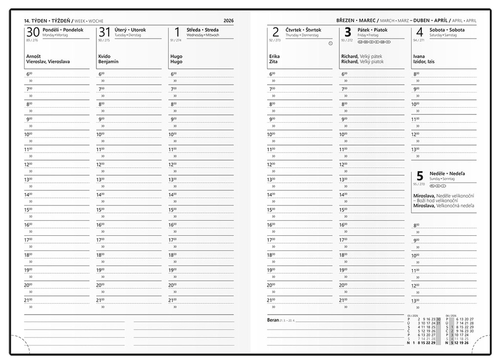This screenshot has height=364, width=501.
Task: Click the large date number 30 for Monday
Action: click(33, 32)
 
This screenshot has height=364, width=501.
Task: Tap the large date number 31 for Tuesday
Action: click(105, 32)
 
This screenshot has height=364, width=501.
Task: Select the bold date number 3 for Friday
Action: click(348, 32)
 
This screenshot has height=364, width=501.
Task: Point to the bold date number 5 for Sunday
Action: click(419, 176)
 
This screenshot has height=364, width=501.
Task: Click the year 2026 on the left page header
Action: click(228, 21)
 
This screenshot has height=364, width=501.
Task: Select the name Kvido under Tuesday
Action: click(104, 56)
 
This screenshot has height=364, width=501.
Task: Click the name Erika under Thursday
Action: click(274, 56)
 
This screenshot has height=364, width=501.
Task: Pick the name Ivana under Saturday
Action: click(419, 56)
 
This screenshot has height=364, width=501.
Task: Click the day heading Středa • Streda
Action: click(203, 30)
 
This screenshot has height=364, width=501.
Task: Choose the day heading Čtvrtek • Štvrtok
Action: click(303, 30)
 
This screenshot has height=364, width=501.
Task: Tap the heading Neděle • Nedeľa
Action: click(447, 174)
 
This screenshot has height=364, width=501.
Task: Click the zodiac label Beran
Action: click(273, 320)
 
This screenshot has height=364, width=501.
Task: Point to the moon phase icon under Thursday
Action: click(330, 43)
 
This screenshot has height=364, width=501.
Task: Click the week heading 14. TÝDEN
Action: click(36, 21)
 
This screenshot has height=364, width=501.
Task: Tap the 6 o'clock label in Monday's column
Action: click(27, 74)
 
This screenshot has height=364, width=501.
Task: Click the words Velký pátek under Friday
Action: click(370, 56)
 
